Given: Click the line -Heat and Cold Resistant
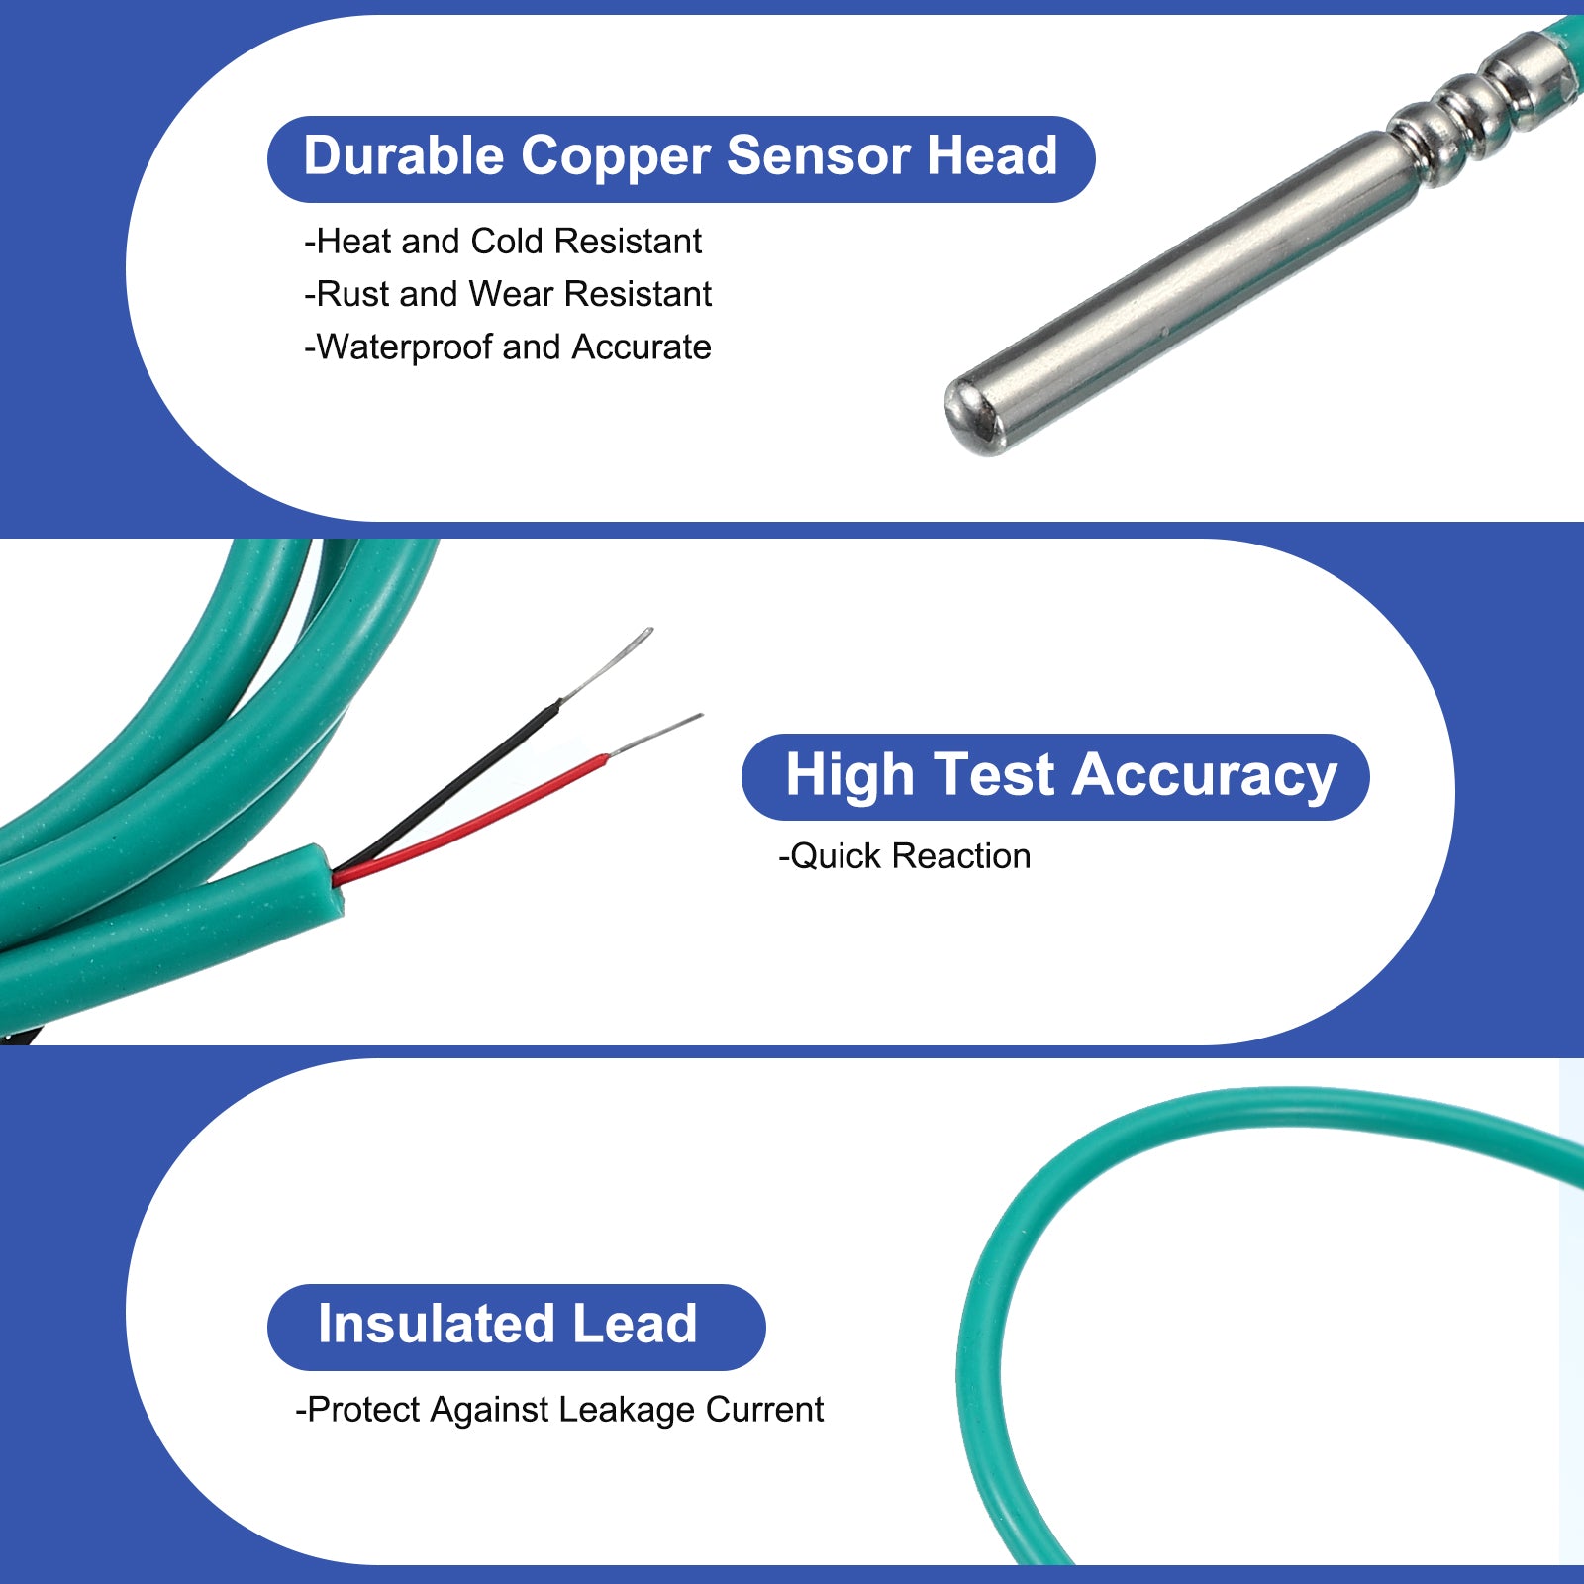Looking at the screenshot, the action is pos(503,241).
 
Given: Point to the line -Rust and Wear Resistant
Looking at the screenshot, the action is pos(508,294).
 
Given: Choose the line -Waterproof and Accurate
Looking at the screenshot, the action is pos(508,347).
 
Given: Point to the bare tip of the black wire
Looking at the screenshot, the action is pos(606,662).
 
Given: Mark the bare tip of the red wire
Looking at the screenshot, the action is pos(654,735).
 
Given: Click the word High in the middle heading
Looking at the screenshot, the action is pos(849,775).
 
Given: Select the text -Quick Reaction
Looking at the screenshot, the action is pos(905,856).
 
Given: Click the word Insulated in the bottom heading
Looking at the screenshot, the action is pos(437,1325).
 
